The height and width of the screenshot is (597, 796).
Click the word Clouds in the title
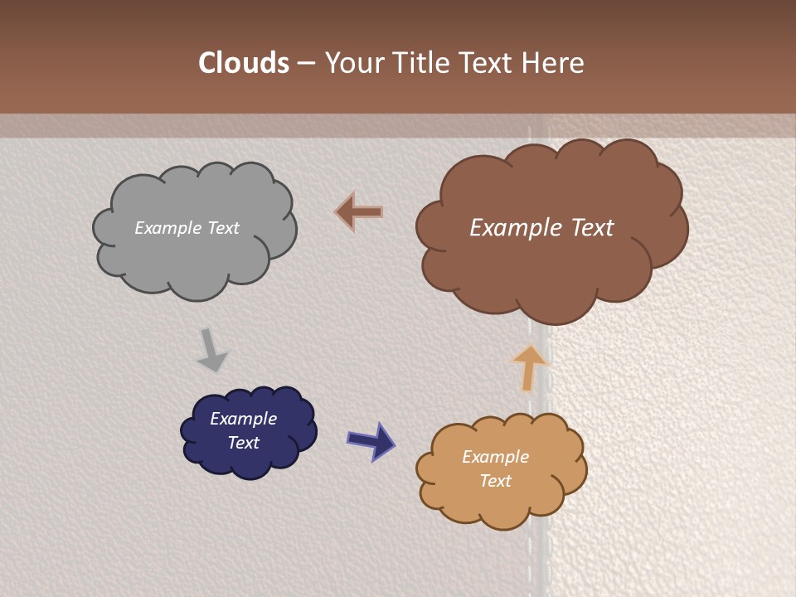tap(243, 63)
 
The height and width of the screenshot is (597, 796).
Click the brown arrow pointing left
tap(359, 212)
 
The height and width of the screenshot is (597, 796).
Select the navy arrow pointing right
tap(371, 440)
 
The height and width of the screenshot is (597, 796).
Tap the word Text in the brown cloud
tap(592, 228)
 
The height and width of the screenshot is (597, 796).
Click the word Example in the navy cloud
tap(243, 419)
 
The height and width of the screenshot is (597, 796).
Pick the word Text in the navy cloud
tap(243, 443)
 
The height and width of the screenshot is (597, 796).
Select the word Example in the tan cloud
tap(495, 457)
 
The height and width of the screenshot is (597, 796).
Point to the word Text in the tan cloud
tap(495, 481)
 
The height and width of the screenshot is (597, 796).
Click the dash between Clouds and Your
tap(305, 64)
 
